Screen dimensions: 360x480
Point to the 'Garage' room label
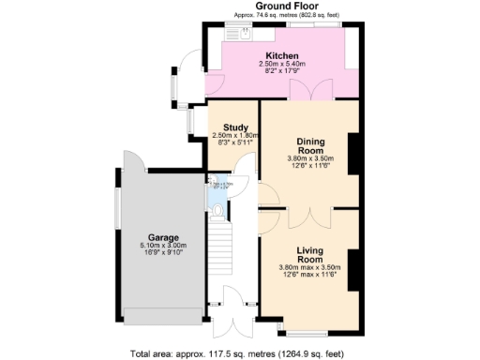tap(162, 237)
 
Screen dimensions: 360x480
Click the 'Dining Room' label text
tap(309, 144)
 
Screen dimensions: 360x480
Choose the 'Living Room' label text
tap(309, 255)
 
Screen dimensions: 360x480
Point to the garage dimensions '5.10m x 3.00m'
tap(162, 246)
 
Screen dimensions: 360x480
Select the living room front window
tap(308, 333)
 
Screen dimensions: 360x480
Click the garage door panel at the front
tap(162, 314)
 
